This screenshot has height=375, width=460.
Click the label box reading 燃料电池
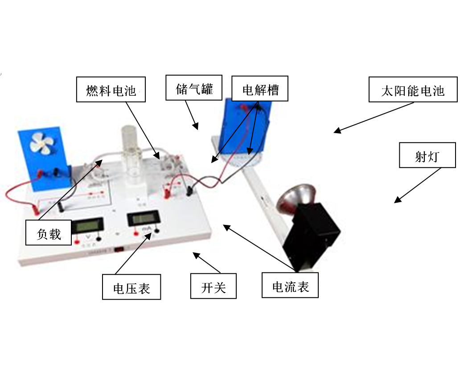(x=111, y=90)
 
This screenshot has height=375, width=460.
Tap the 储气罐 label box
(x=194, y=88)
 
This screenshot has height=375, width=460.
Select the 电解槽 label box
(x=260, y=89)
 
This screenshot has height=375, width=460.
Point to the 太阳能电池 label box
(x=413, y=90)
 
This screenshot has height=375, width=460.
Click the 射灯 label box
(x=427, y=155)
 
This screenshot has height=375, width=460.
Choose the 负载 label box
(x=49, y=232)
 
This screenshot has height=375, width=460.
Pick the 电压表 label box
(x=131, y=287)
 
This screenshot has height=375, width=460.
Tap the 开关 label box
(x=213, y=286)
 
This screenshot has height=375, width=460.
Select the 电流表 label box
(x=290, y=285)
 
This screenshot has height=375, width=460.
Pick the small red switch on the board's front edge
(x=119, y=249)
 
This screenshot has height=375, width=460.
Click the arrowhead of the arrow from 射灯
(x=397, y=200)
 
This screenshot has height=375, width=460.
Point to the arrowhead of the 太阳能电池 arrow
(x=337, y=131)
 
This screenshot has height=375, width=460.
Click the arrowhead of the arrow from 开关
(x=196, y=255)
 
